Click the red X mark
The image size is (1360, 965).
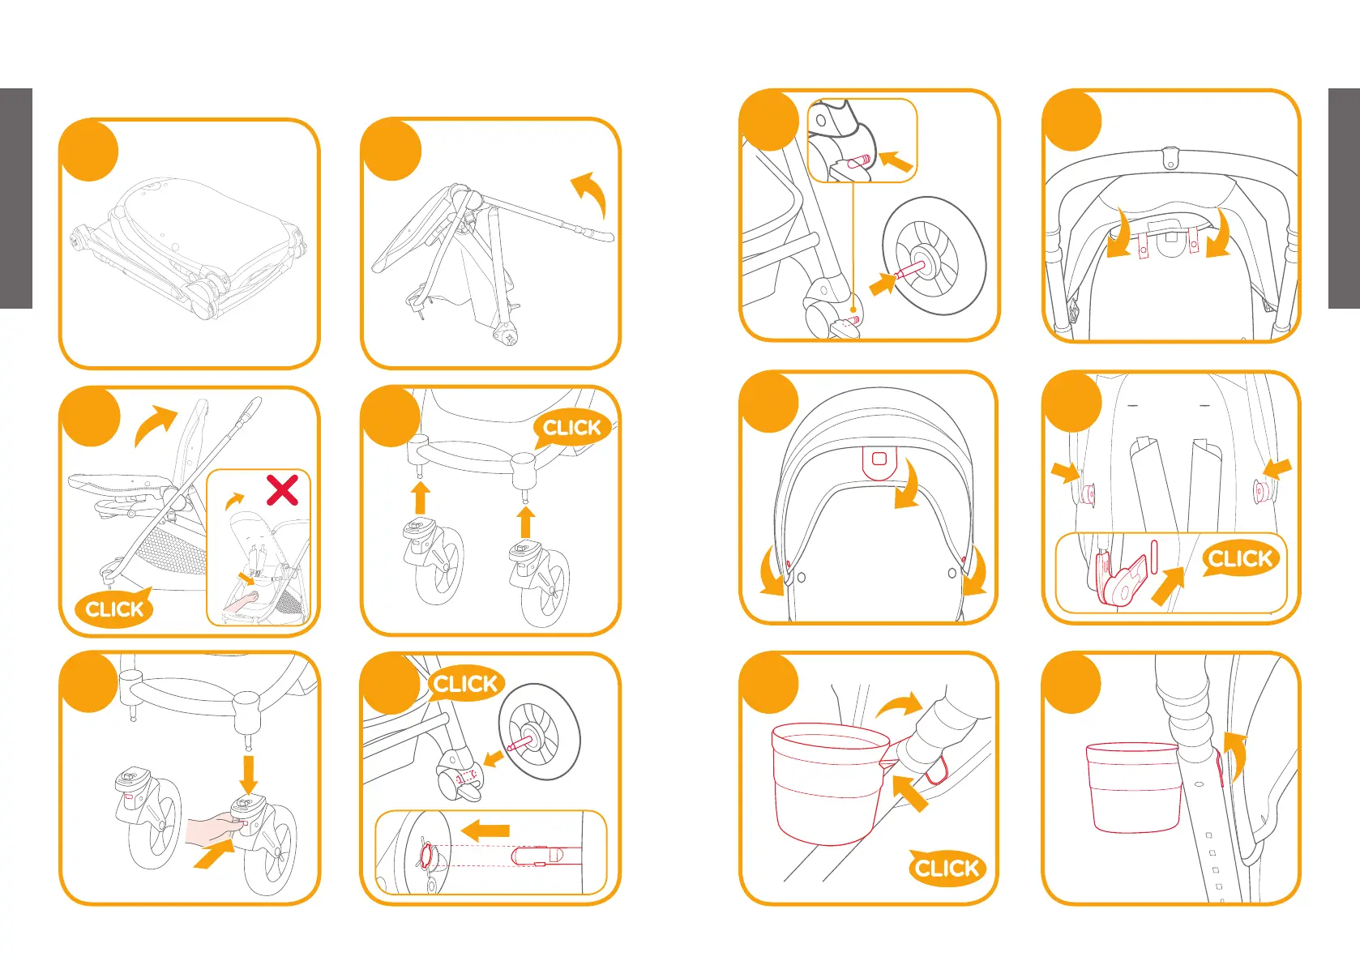(282, 490)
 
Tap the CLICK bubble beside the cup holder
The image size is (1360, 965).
(947, 868)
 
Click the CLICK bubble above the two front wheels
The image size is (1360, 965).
(571, 428)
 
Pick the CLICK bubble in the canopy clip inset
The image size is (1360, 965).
(1239, 558)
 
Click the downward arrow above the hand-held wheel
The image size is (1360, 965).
(249, 774)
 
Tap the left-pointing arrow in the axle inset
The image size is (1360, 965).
(485, 830)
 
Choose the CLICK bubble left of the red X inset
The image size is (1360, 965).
(114, 608)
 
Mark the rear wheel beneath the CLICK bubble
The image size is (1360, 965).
(539, 741)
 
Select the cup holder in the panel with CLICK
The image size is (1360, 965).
(827, 782)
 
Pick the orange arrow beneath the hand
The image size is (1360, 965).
(213, 855)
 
